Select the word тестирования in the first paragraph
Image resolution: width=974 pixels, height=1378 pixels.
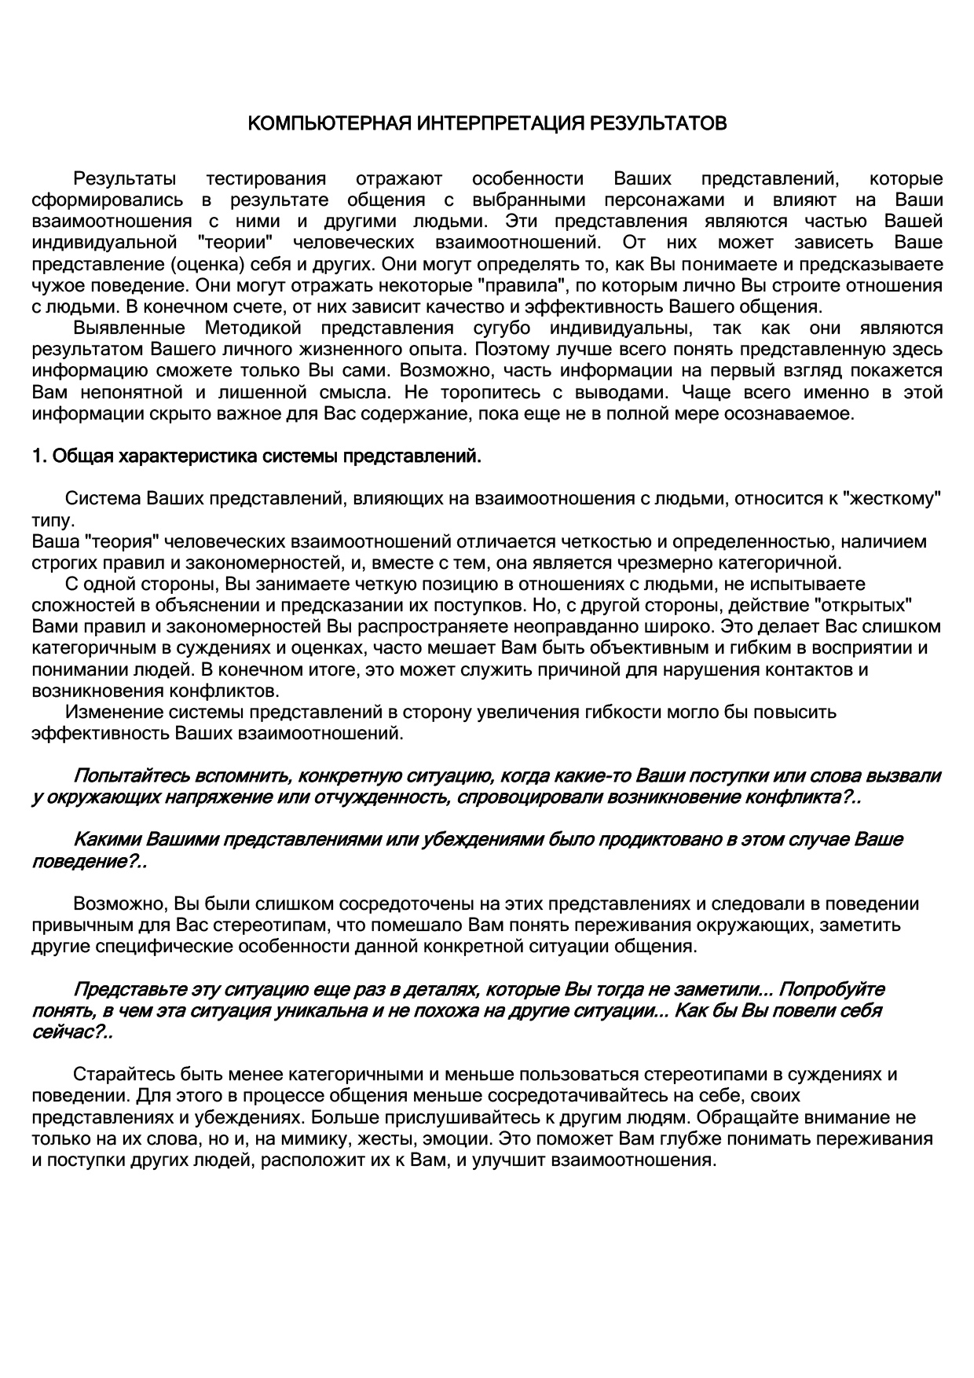pos(265,179)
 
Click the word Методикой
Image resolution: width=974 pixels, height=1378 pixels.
pos(253,328)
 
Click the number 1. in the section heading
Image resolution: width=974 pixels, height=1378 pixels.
pos(39,456)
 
